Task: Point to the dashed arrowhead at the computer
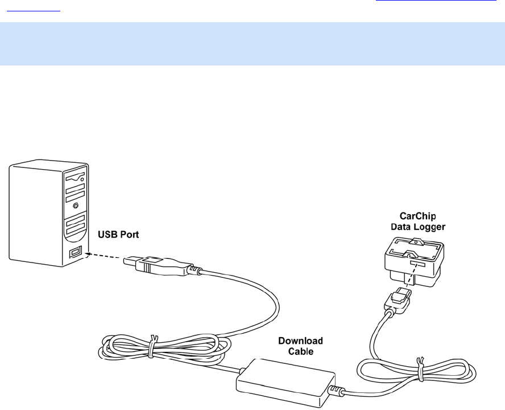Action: (x=86, y=254)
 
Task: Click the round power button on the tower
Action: (x=76, y=203)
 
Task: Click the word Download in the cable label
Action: (x=300, y=341)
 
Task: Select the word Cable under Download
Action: (x=300, y=351)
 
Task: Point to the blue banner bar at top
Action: (x=252, y=44)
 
